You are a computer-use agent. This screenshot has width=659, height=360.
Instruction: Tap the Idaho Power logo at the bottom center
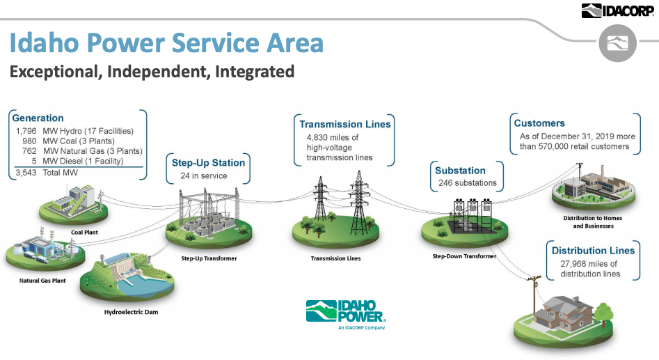click(x=345, y=313)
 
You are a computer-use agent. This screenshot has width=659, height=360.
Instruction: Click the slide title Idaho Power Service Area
click(x=166, y=43)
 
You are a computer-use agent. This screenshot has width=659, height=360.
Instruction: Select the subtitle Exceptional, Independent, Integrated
click(x=152, y=72)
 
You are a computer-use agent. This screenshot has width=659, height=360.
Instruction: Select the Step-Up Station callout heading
click(x=208, y=163)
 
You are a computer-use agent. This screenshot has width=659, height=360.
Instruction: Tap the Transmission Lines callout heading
click(x=345, y=125)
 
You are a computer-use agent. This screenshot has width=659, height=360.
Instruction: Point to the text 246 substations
click(x=466, y=183)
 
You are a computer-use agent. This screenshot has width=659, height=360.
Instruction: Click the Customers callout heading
click(x=539, y=123)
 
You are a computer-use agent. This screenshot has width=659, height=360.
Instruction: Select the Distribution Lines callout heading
click(x=593, y=251)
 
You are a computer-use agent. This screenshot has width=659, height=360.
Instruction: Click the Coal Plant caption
click(x=85, y=233)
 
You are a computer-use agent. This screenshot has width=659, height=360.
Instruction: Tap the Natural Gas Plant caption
click(x=43, y=281)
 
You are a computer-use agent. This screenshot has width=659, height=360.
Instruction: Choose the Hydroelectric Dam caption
click(x=131, y=312)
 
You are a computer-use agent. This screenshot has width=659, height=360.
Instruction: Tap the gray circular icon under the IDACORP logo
click(x=617, y=43)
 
